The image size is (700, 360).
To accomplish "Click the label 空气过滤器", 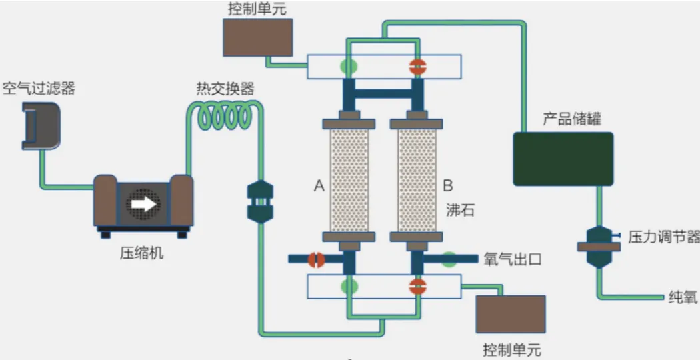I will [39, 88].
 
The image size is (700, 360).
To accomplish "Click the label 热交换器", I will [225, 88].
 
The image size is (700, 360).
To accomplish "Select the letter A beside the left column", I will [319, 187].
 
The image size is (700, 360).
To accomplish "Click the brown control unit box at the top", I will [258, 37].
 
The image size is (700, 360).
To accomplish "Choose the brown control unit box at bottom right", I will [510, 314].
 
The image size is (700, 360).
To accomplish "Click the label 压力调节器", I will [663, 237].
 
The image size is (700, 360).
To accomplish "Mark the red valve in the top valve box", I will [417, 66].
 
